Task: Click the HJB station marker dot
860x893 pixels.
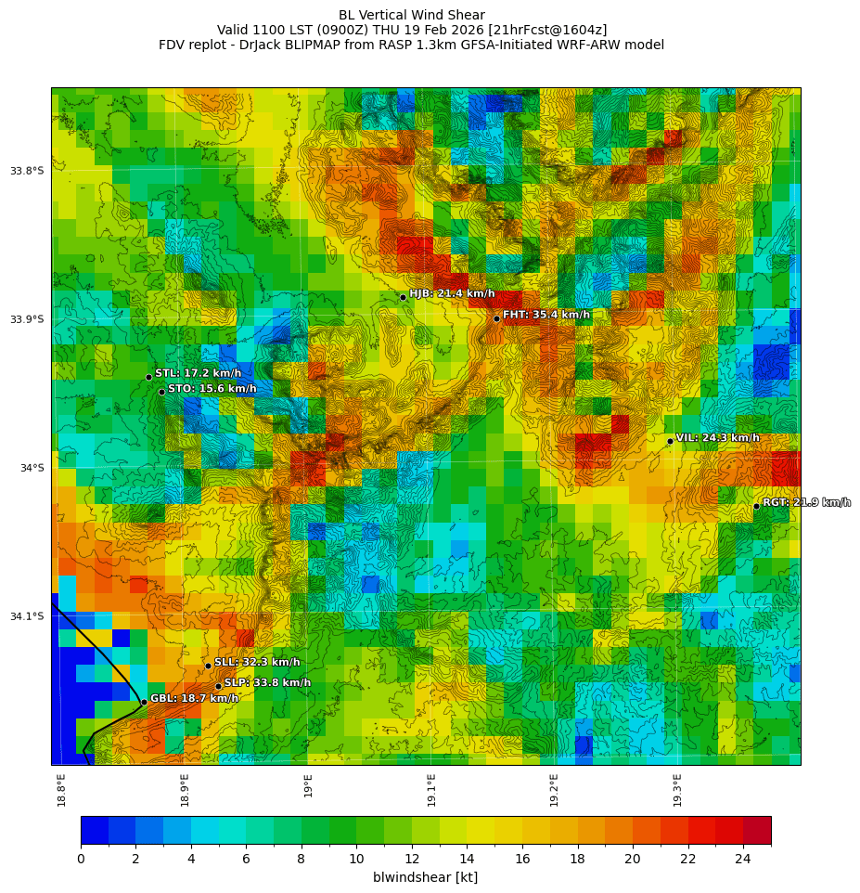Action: pos(403,297)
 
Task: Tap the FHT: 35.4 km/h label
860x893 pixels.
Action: pos(546,315)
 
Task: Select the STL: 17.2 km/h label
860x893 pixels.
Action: pos(198,373)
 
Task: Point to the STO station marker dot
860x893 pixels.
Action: pos(161,392)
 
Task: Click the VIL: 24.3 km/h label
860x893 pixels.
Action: pos(717,438)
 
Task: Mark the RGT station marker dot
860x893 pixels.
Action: pos(756,506)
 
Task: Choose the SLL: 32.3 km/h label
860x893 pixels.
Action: pos(257,663)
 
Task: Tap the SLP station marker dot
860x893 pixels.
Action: pos(218,687)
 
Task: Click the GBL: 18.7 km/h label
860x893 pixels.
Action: pos(194,698)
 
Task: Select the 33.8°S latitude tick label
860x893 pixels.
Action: pos(27,171)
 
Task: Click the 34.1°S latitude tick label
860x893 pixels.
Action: pos(27,616)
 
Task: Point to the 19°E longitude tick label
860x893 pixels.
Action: pos(308,785)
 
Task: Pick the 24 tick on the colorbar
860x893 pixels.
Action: pos(743,859)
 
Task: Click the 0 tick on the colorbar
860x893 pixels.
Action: pos(81,859)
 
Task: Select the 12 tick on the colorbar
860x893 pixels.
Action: pos(412,859)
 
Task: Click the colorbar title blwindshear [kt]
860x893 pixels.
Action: pos(425,877)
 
